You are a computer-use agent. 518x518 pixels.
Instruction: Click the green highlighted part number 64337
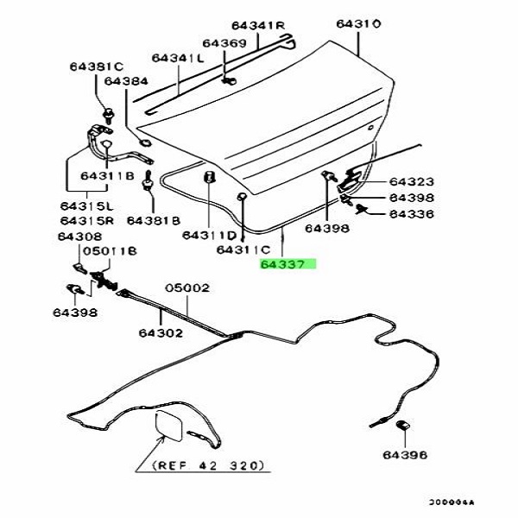(x=288, y=266)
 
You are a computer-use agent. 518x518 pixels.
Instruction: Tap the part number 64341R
(x=262, y=26)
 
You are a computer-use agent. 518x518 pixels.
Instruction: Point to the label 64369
(x=224, y=42)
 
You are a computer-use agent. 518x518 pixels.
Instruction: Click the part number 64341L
(x=177, y=58)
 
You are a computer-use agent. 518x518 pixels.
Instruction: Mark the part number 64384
(x=126, y=81)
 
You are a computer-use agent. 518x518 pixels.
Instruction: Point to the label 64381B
(x=152, y=219)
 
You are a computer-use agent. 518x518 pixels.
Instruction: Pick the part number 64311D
(x=209, y=235)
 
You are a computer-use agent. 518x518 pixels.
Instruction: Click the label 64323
(x=411, y=182)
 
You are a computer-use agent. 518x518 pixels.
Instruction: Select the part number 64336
(x=411, y=213)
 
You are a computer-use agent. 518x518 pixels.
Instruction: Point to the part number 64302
(x=161, y=330)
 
